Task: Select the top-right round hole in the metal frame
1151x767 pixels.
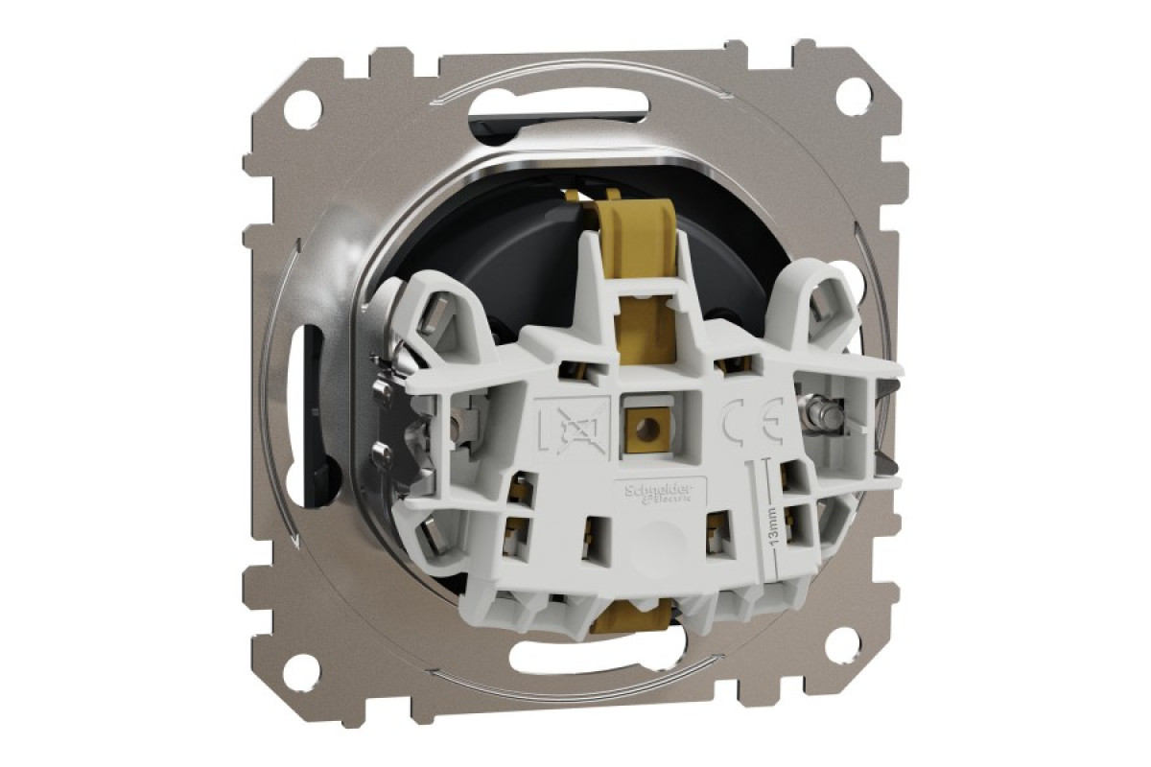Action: (x=853, y=96)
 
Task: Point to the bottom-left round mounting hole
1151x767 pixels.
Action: (x=301, y=672)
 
